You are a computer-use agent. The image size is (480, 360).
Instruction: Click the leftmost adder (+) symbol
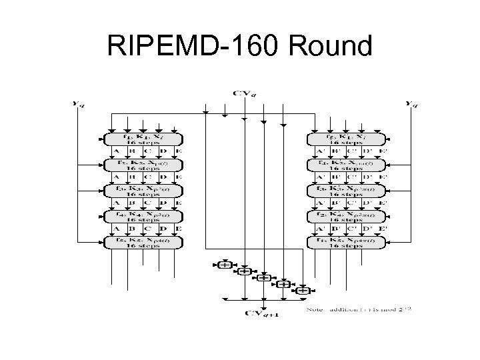(225, 265)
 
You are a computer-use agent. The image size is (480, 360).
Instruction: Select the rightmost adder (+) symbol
(303, 291)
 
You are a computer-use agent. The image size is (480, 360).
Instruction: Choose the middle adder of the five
(265, 278)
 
